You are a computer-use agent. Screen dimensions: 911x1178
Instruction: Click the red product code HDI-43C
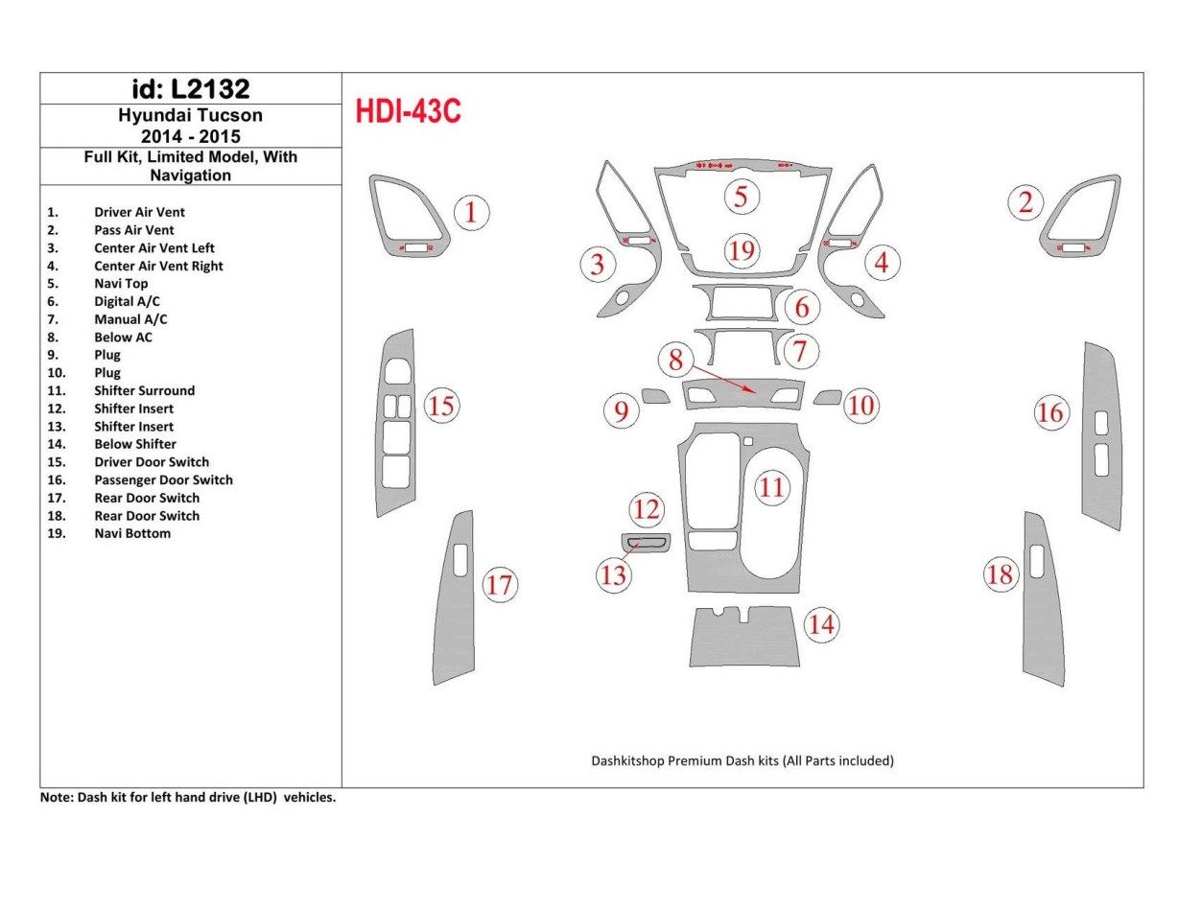(409, 112)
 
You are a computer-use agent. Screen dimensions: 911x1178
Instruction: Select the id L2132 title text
(190, 89)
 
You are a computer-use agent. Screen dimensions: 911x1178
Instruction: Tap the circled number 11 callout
(771, 488)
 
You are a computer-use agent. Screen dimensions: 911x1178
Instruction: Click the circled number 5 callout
(741, 197)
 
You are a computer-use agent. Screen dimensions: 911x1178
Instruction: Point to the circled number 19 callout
(741, 251)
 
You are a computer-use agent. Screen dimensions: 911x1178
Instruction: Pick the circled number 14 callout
(821, 625)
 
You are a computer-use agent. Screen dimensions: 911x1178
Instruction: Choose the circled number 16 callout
(1050, 412)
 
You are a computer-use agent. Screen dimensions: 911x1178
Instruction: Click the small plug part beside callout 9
(656, 396)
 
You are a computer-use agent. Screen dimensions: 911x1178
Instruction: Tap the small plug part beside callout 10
(827, 397)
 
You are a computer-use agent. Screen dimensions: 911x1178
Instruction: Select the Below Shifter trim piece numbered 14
(744, 638)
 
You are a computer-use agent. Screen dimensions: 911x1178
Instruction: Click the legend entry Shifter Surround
(144, 390)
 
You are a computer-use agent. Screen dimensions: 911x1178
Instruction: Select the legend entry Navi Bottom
(132, 533)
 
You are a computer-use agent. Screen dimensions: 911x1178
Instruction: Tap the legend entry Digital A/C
(127, 301)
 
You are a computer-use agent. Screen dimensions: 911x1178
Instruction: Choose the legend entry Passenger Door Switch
(163, 479)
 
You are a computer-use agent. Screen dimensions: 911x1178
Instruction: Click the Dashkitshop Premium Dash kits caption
(742, 760)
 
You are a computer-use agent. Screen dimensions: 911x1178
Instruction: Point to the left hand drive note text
(187, 797)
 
